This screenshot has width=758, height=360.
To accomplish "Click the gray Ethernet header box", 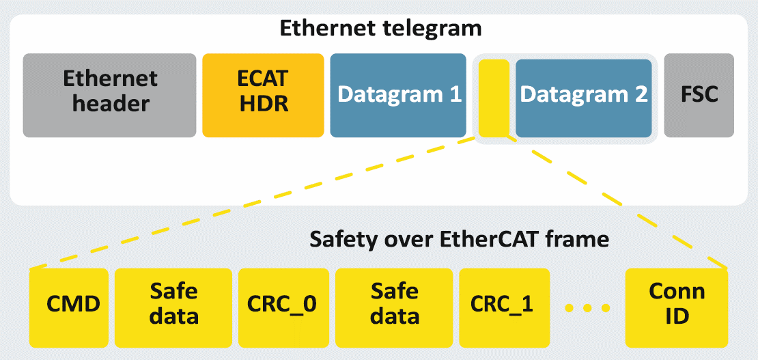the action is (110, 96).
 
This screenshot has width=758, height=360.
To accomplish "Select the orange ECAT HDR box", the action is (263, 96).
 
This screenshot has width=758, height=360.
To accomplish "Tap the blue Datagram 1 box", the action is (398, 96).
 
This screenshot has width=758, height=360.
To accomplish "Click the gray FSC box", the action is (699, 96).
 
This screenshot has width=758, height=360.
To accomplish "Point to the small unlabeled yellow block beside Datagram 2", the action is (494, 98).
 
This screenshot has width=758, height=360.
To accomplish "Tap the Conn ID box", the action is (676, 307).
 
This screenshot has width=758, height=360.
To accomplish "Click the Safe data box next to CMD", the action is (174, 307).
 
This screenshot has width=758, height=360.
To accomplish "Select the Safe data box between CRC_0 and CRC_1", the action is (395, 307).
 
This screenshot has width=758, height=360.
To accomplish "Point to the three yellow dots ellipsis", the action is (587, 307).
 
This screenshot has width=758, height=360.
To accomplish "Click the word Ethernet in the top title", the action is (326, 29).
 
